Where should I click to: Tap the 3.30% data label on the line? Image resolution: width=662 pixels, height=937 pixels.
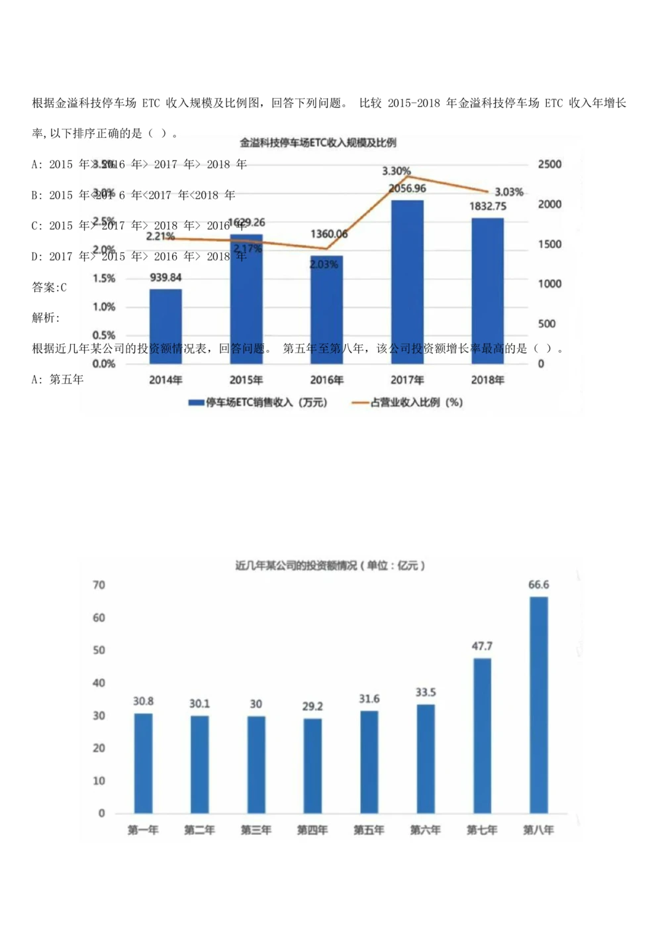tap(396, 171)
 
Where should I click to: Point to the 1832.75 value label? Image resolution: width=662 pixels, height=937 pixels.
tap(488, 206)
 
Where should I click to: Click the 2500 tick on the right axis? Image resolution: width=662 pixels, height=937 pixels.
tap(549, 164)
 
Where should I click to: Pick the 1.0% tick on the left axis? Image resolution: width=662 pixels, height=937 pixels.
tap(104, 307)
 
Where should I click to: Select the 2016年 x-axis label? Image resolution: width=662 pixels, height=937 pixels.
tap(326, 380)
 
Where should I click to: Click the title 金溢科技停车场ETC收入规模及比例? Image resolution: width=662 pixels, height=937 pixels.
tap(318, 142)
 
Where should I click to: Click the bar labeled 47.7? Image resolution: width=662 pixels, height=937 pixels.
tap(482, 736)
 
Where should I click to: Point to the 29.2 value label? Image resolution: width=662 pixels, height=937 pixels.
tap(312, 706)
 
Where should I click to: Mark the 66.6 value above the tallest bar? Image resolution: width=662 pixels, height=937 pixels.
tap(538, 584)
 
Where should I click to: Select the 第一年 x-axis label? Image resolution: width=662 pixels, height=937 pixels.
tap(143, 830)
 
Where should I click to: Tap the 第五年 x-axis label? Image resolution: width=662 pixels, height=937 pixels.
tap(369, 830)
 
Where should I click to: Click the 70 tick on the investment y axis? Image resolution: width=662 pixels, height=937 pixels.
tap(99, 585)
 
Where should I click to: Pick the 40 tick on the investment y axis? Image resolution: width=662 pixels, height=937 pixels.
tap(99, 683)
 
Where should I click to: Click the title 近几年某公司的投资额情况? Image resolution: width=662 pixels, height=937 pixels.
tap(330, 565)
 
